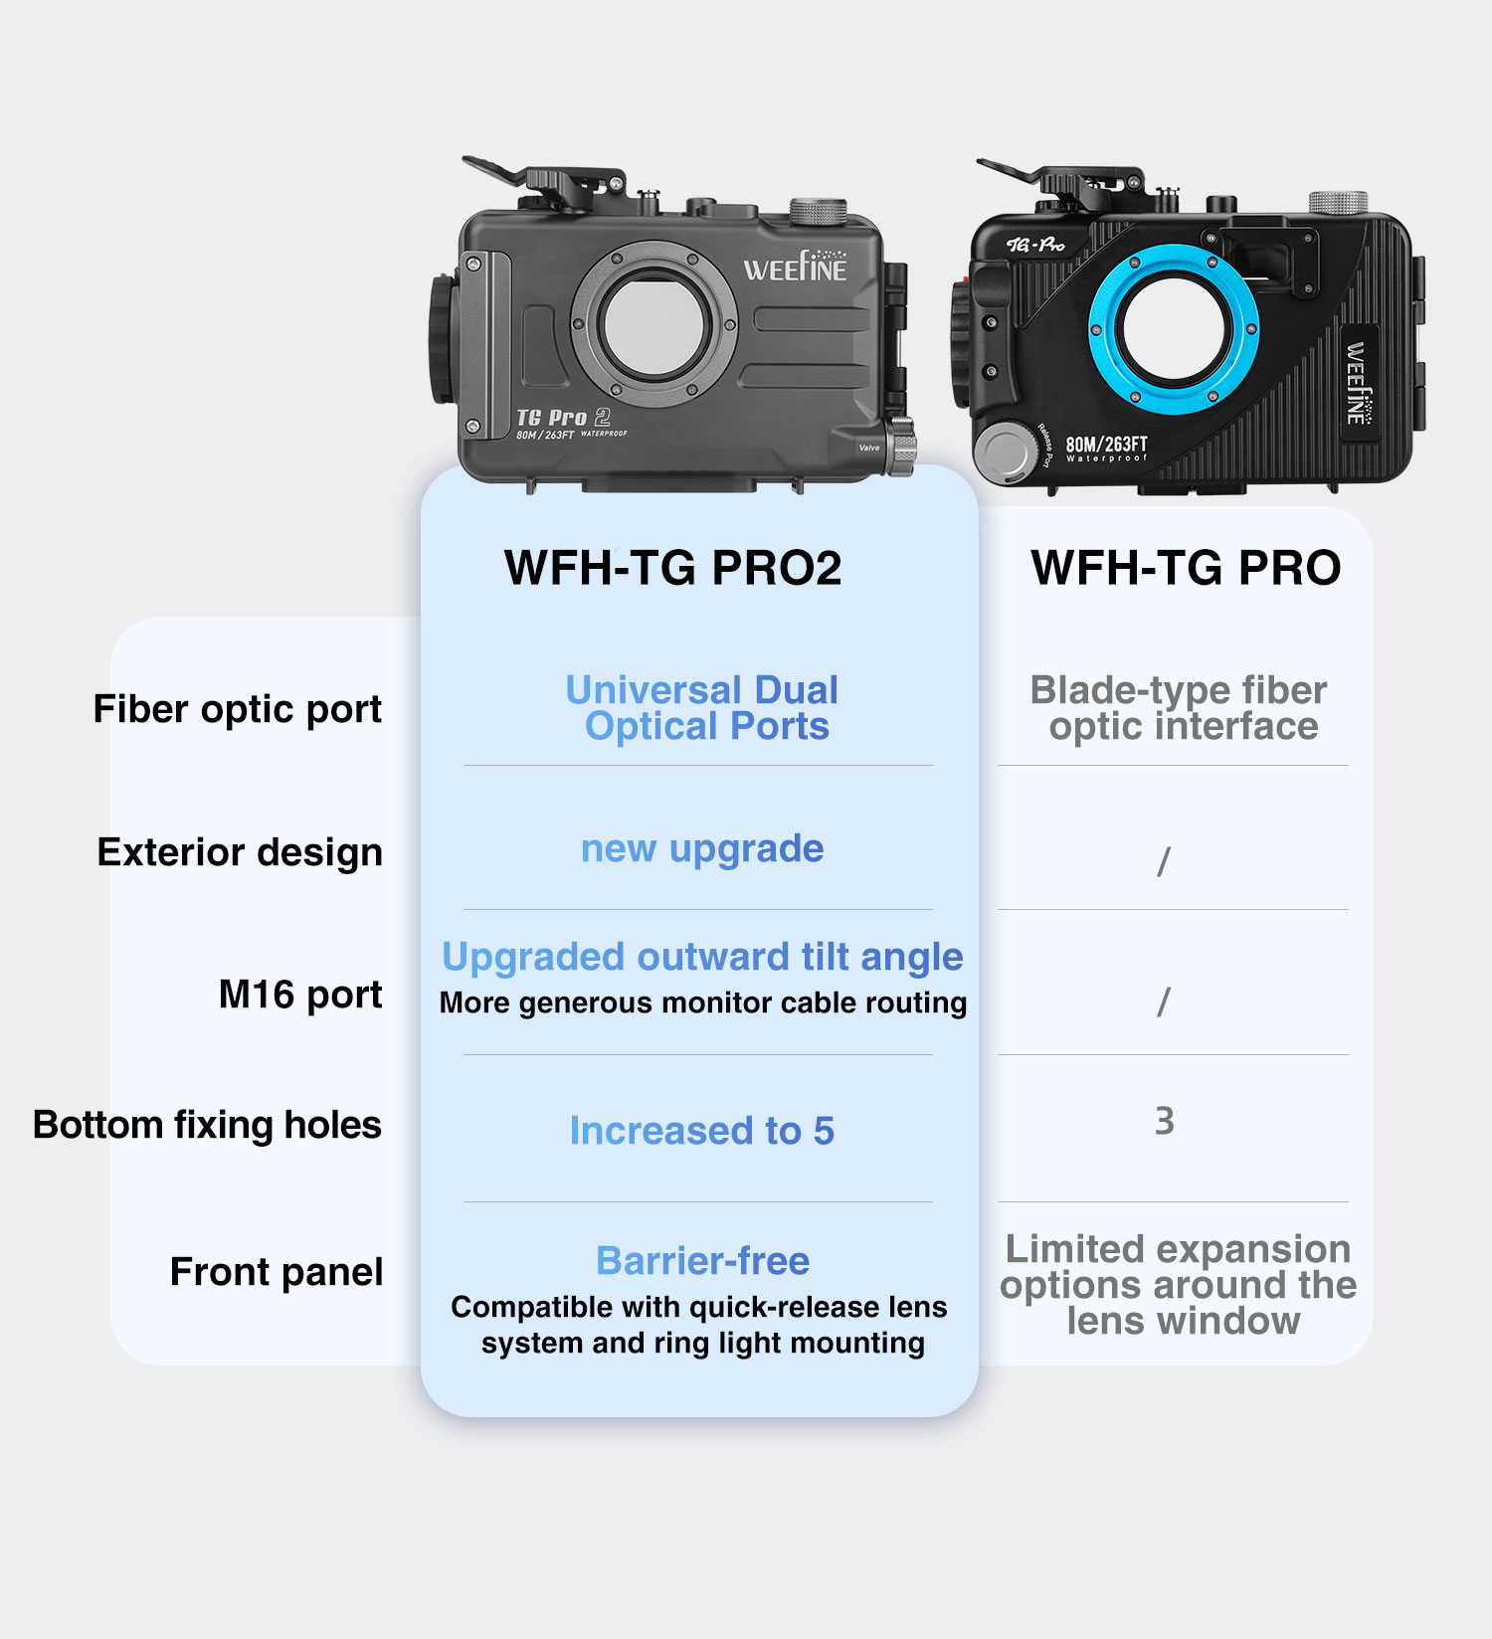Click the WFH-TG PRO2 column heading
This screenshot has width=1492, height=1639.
click(673, 568)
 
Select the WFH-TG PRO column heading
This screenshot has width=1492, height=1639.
click(1186, 568)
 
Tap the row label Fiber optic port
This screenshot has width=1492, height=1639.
click(238, 710)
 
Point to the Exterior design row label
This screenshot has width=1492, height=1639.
click(240, 852)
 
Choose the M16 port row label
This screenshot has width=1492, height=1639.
click(300, 995)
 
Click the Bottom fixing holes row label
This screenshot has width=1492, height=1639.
click(207, 1125)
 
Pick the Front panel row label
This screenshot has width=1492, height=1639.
click(277, 1272)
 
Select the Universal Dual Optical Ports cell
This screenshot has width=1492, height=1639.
click(703, 708)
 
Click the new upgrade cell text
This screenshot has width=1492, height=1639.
click(702, 849)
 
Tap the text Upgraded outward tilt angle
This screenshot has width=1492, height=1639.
click(702, 957)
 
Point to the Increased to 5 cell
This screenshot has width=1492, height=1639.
click(702, 1131)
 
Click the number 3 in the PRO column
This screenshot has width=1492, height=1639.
click(1165, 1121)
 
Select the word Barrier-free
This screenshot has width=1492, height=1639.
click(702, 1261)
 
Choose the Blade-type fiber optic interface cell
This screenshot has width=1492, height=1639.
click(1181, 708)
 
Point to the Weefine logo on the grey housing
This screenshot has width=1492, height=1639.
click(796, 266)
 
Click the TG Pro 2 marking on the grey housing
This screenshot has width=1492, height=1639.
click(563, 418)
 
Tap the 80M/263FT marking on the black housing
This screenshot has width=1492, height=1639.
click(1106, 445)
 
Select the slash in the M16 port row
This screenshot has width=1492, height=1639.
click(1164, 1002)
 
